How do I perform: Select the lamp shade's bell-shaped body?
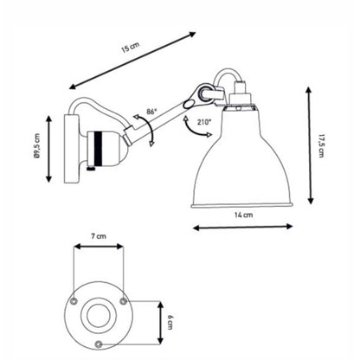[x=245, y=164]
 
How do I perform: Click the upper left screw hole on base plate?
[x=75, y=301]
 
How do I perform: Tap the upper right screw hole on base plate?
[x=126, y=301]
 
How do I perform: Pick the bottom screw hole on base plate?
[x=101, y=344]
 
